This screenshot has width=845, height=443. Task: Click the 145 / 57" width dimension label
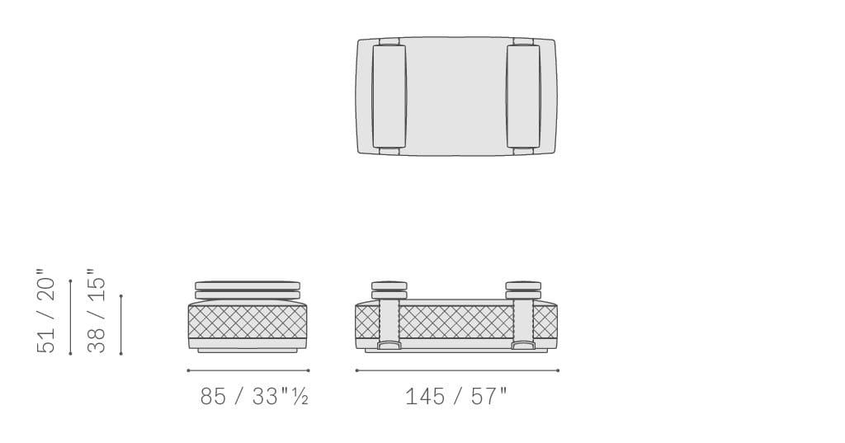[456, 397]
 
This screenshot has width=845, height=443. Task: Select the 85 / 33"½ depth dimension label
[254, 397]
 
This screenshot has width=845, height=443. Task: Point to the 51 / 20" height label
[46, 311]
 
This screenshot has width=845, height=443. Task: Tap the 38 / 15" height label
[97, 311]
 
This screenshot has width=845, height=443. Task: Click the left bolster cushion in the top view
[389, 96]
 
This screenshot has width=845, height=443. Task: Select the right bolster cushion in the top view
[522, 96]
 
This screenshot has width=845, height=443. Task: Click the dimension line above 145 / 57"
[457, 370]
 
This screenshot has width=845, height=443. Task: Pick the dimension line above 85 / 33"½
[248, 370]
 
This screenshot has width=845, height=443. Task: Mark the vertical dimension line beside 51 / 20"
[70, 317]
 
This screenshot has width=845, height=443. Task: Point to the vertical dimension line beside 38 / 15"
[120, 324]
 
